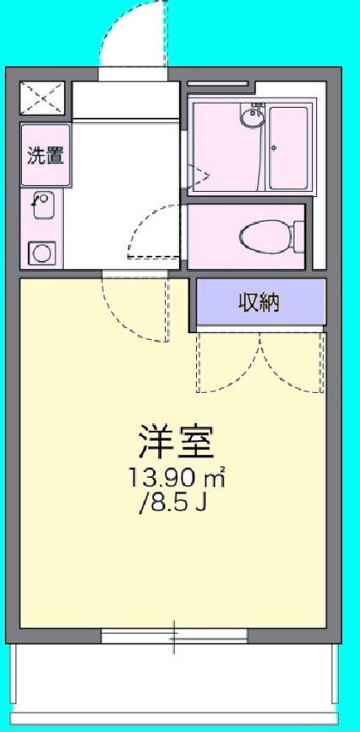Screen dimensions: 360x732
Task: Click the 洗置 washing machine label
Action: [45, 156]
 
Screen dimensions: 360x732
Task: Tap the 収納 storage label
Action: [260, 303]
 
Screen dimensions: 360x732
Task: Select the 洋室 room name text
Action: [177, 441]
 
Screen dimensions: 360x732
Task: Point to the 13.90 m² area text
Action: [177, 478]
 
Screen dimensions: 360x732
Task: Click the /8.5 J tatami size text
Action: [172, 504]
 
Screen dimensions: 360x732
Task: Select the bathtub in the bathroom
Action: [289, 148]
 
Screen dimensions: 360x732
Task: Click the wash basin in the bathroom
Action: [252, 114]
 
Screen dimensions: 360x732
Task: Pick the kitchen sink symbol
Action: [43, 205]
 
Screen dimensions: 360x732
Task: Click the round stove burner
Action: [42, 253]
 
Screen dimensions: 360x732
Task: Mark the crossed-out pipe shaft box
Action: [41, 98]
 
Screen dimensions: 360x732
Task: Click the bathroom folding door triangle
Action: [199, 176]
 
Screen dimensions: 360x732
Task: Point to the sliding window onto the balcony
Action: [174, 636]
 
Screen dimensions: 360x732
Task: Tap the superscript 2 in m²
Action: [224, 469]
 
